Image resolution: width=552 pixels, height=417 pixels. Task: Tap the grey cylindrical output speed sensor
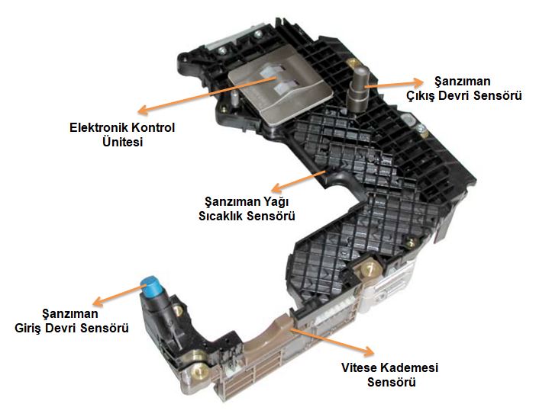(357, 88)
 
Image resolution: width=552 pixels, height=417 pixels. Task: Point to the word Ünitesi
(122, 142)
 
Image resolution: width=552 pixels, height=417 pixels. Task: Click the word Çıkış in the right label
(421, 95)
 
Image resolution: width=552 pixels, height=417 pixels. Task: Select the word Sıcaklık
(221, 216)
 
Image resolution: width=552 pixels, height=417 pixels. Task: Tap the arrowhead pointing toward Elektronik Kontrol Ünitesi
(142, 110)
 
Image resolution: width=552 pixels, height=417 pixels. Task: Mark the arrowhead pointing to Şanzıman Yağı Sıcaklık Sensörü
(278, 188)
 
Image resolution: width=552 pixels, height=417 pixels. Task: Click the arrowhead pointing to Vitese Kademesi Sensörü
(368, 351)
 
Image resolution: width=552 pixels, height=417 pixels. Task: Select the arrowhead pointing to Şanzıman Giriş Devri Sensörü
(98, 301)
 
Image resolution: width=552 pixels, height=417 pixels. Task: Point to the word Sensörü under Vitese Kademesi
(392, 382)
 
